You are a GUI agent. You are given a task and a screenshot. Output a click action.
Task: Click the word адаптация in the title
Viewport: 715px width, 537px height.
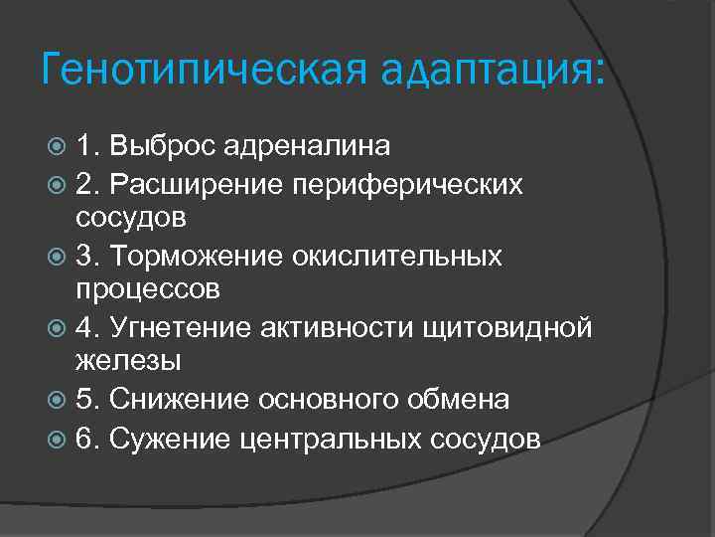point(488,72)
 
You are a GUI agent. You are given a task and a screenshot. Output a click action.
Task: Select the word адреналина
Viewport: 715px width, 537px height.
point(307,146)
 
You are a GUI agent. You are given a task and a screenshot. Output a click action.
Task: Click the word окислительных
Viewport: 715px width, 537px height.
point(397,258)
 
